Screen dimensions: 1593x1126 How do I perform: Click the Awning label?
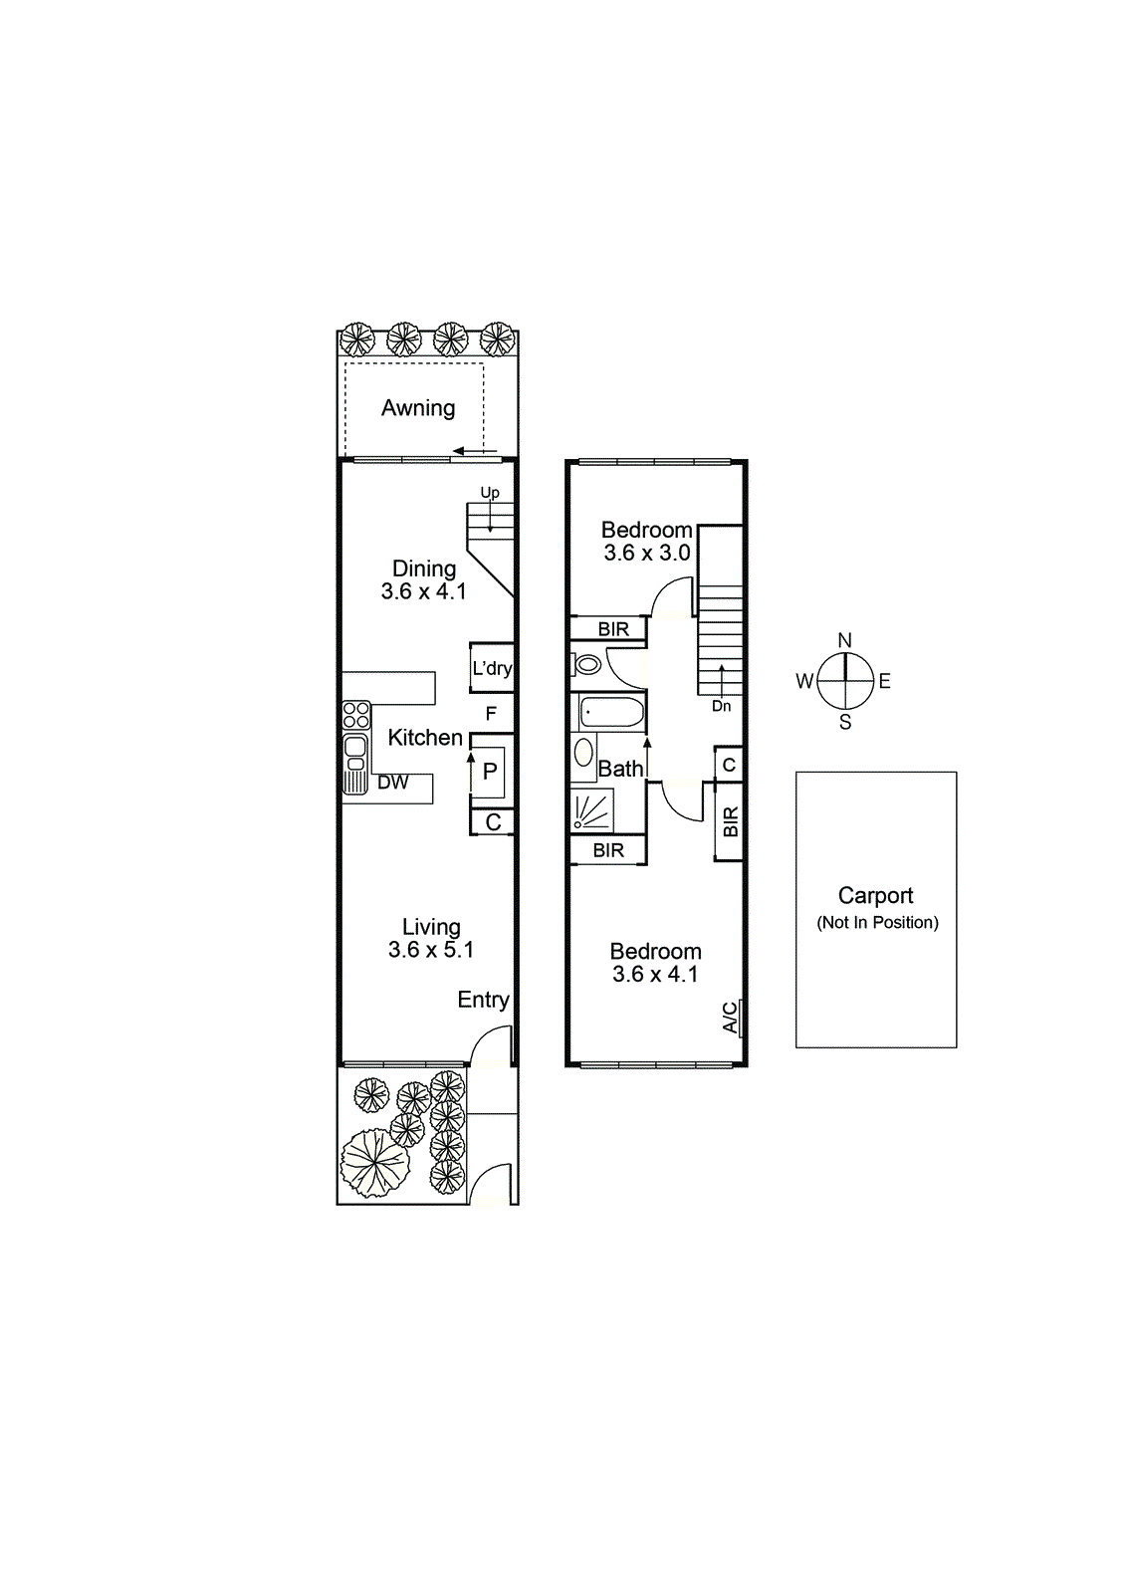(418, 408)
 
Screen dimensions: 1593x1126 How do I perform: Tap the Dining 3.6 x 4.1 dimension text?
(423, 591)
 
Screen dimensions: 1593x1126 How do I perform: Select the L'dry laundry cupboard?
(492, 668)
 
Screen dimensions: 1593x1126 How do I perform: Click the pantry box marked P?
(490, 772)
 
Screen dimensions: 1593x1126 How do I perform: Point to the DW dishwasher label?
(392, 783)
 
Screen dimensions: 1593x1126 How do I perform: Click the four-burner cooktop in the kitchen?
(356, 715)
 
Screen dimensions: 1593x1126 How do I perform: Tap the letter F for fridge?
(491, 714)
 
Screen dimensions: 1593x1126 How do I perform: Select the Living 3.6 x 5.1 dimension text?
(430, 950)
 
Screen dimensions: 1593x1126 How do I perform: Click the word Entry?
(483, 1000)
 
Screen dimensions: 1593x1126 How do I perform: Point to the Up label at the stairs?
(490, 493)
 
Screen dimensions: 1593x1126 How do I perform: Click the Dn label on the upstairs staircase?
(722, 706)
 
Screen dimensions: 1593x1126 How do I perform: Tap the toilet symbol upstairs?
(588, 663)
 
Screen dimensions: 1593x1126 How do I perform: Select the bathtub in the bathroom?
(611, 713)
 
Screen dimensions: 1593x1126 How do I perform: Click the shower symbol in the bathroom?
(591, 810)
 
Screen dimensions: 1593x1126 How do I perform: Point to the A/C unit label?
(731, 1018)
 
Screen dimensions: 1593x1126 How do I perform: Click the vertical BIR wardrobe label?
(731, 821)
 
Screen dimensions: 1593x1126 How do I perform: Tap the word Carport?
(875, 896)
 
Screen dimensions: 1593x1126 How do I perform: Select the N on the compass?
(845, 640)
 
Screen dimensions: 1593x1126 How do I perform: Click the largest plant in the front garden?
(375, 1162)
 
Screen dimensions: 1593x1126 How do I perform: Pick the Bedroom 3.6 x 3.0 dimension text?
(647, 554)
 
